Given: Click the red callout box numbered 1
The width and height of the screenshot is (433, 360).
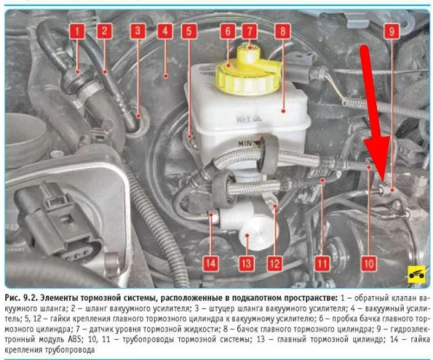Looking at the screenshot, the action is coord(77,31).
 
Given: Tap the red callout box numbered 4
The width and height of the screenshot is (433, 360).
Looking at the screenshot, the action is coord(165,31).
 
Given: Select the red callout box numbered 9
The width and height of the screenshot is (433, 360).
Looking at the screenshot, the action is coord(392,31).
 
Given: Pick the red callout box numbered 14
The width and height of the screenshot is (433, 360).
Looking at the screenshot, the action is coord(211,263).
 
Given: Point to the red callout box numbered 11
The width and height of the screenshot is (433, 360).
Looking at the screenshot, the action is coord(322,263).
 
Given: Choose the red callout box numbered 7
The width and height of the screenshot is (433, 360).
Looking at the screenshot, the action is coord(249,31).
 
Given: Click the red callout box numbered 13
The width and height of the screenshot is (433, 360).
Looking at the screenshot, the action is coord(246,263).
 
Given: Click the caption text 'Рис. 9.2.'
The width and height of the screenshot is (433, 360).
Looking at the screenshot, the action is coord(21,298).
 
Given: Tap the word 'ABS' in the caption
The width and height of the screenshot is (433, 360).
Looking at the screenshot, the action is coord(75,339).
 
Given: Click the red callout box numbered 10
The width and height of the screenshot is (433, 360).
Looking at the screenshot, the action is coord(369,263).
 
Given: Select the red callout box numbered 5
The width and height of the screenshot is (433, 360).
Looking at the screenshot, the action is coord(189,31).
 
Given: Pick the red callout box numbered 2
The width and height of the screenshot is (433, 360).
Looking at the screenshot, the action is coord(105,31).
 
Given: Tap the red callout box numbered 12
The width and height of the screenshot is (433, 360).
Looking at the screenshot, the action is coord(274,263).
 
